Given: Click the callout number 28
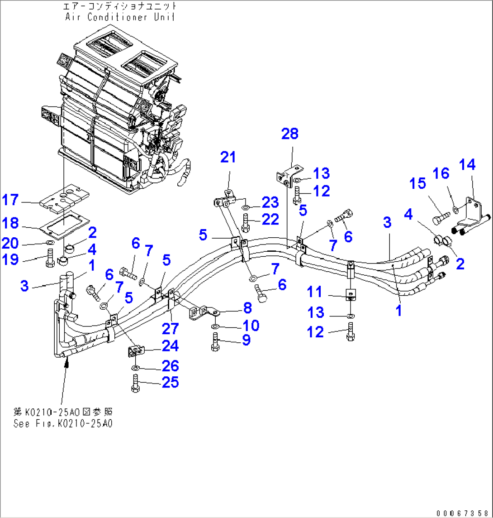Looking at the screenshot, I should [x=290, y=134].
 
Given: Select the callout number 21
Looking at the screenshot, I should [x=228, y=158].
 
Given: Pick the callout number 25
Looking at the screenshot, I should [x=170, y=383].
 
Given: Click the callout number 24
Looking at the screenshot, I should [x=170, y=346].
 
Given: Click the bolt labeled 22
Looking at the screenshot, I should [x=245, y=221].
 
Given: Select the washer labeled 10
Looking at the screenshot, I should [x=216, y=326].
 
